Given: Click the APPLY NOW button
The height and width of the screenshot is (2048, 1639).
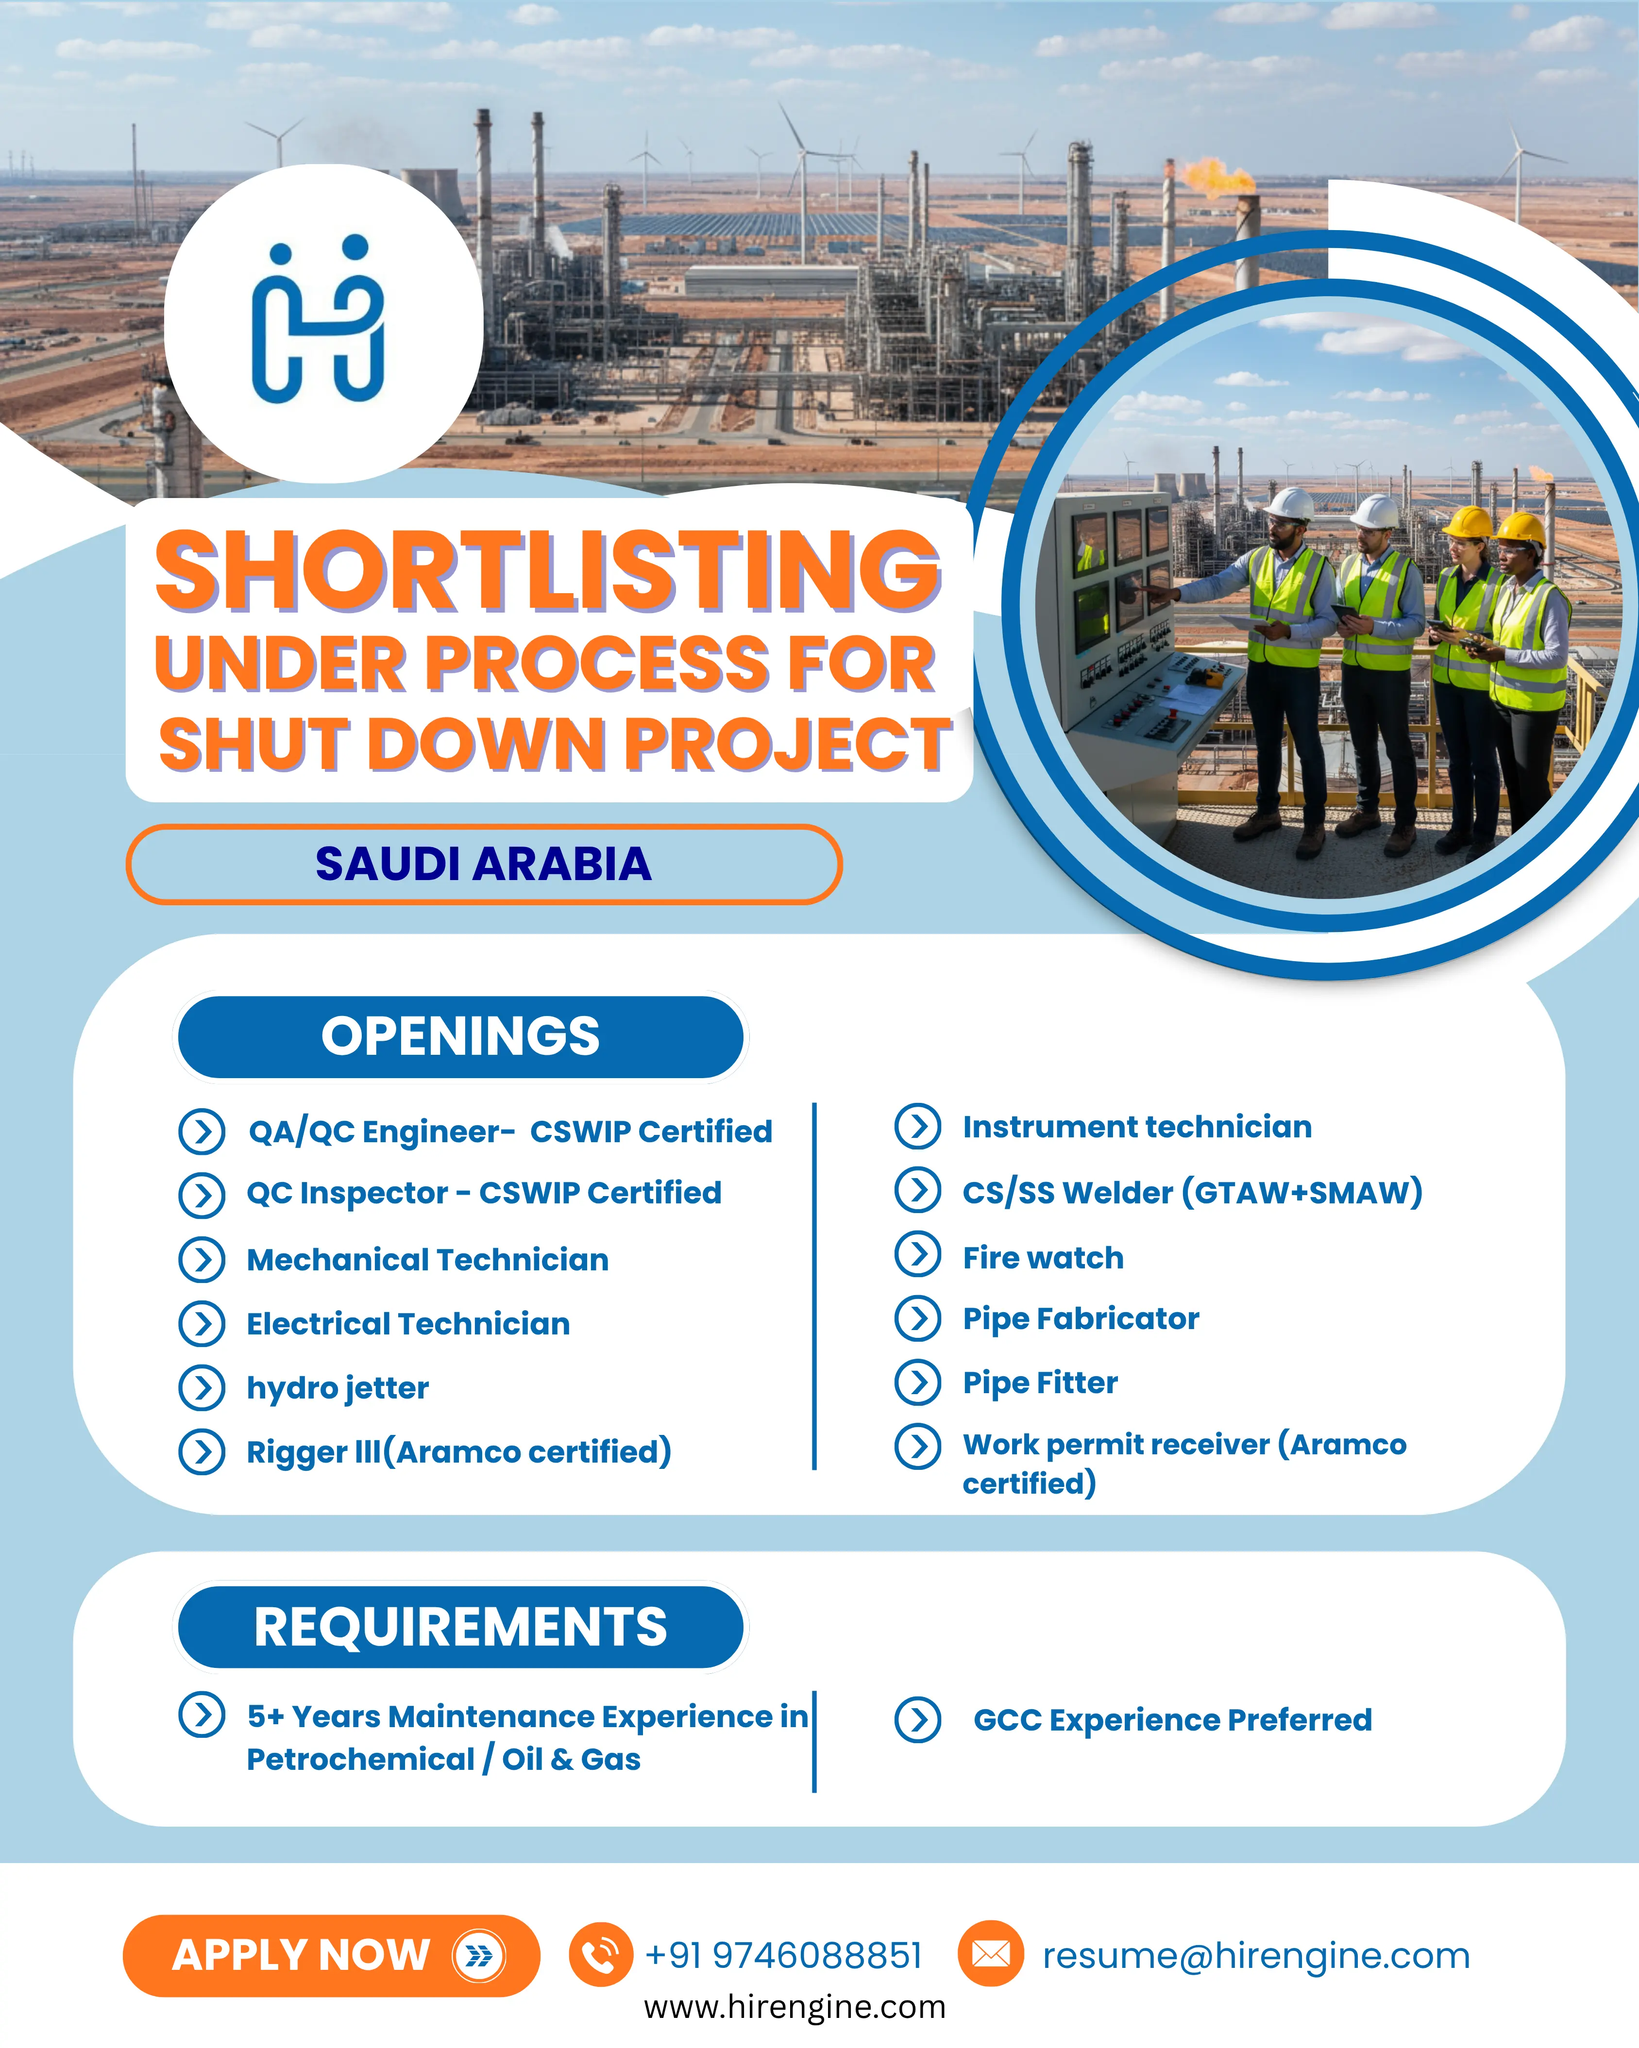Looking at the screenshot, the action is click(x=331, y=1955).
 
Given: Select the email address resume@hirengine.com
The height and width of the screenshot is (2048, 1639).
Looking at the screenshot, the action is click(x=1256, y=1956).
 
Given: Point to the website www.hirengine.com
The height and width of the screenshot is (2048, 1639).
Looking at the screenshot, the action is click(x=794, y=2007).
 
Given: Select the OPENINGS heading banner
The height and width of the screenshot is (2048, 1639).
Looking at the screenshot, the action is click(x=461, y=1036).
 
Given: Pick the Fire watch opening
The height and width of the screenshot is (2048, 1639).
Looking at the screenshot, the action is click(x=1043, y=1258).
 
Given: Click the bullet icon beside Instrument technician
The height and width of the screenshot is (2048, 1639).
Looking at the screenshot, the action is click(x=918, y=1127).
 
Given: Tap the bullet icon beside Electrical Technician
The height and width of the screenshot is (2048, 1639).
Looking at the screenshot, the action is click(x=202, y=1324).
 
